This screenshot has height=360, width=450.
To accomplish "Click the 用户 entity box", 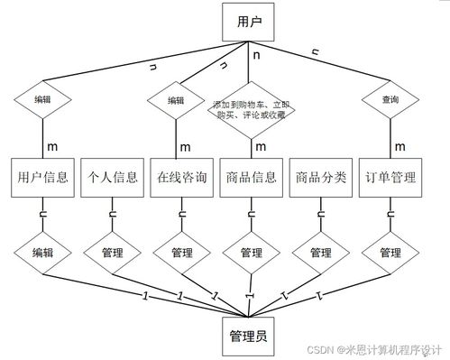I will (247, 23).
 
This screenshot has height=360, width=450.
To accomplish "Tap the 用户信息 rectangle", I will (41, 178).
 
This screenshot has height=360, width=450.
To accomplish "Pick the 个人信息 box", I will (111, 178).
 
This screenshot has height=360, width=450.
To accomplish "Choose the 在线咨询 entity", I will (181, 178).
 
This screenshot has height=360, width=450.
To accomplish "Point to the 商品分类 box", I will (320, 178).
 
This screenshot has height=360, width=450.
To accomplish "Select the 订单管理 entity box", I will (390, 178).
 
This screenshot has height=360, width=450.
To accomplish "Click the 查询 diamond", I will (390, 99).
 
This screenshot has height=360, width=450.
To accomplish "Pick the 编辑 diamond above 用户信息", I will (41, 99).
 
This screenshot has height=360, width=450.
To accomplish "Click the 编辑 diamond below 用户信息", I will (41, 253).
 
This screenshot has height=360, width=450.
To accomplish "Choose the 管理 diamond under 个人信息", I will (111, 253).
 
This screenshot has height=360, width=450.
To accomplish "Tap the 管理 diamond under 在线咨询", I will (181, 253).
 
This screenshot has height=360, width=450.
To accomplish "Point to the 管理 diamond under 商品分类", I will (320, 253).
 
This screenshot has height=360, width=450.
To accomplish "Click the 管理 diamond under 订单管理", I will (390, 253).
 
